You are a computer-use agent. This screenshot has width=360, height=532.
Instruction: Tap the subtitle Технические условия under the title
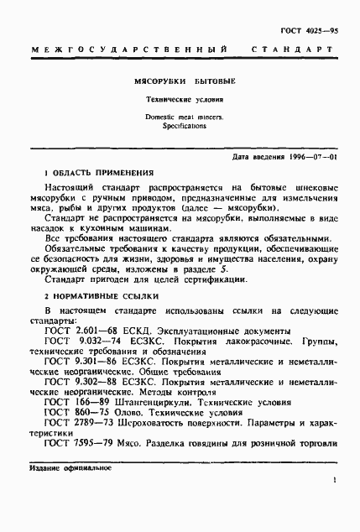click(x=180, y=105)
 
